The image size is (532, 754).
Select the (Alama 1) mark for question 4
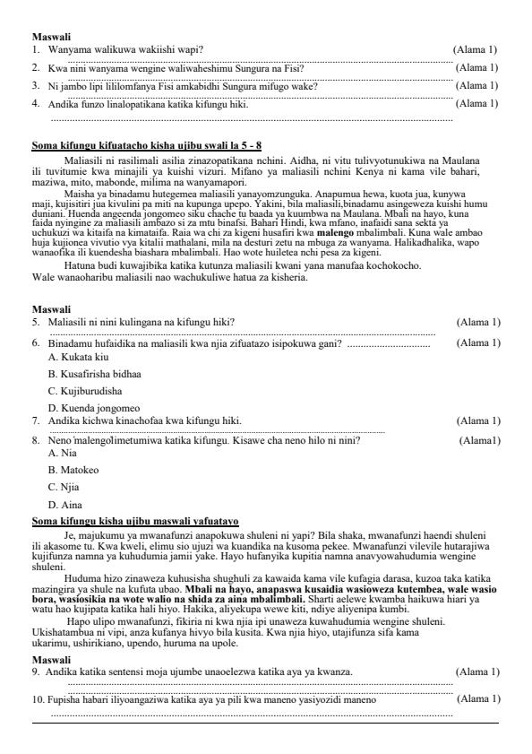[476, 103]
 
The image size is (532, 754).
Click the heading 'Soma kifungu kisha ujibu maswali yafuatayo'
[134, 521]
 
